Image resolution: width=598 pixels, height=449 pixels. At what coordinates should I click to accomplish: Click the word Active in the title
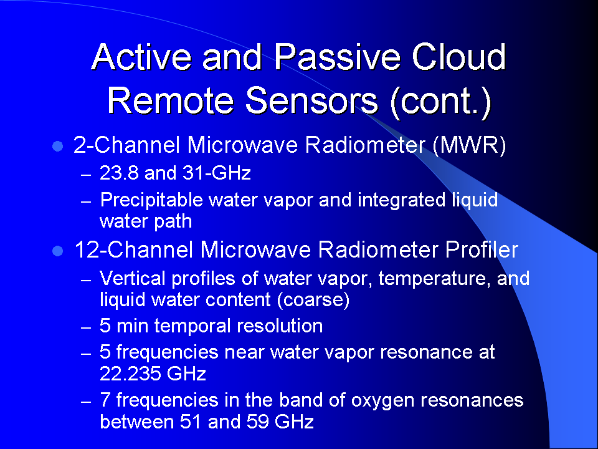[x=141, y=57]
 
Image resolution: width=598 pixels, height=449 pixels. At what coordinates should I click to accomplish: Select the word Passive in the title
[x=338, y=57]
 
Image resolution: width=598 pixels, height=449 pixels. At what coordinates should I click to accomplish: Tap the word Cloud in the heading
[x=459, y=57]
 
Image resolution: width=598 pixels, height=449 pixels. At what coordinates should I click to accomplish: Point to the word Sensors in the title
[x=311, y=100]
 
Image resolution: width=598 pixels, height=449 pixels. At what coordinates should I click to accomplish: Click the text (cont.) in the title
[x=440, y=101]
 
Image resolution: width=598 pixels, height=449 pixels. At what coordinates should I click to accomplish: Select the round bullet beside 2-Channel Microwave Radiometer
[x=57, y=146]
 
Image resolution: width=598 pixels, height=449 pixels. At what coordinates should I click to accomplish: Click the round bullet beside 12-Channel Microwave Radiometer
[x=57, y=251]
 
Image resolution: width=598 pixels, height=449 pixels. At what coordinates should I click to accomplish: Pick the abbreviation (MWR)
[x=470, y=145]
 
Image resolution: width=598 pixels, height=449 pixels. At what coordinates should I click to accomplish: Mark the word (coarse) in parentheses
[x=313, y=300]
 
